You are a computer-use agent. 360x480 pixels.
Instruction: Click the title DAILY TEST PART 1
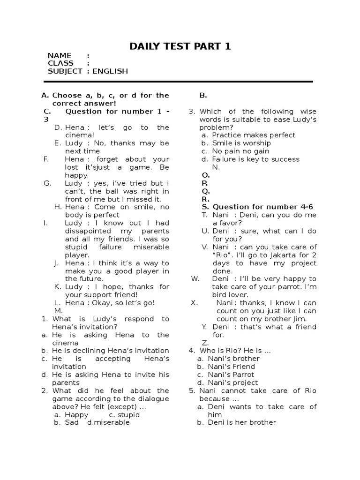tap(180, 46)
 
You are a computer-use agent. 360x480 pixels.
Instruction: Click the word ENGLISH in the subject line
tap(110, 71)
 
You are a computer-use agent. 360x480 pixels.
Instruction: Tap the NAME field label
tap(60, 55)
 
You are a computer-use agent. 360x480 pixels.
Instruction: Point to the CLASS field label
tap(60, 63)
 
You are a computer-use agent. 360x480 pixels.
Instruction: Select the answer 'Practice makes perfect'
tap(254, 135)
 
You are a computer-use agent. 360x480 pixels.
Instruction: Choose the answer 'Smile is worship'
tap(241, 143)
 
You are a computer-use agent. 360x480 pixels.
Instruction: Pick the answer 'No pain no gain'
tap(240, 151)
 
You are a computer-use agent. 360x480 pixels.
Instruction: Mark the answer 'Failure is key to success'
tap(255, 159)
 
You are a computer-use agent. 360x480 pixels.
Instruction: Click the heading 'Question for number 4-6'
tap(262, 207)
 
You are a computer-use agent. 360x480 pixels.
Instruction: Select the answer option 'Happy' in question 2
tap(76, 414)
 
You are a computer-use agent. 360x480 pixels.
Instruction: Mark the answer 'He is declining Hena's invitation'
tap(110, 351)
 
